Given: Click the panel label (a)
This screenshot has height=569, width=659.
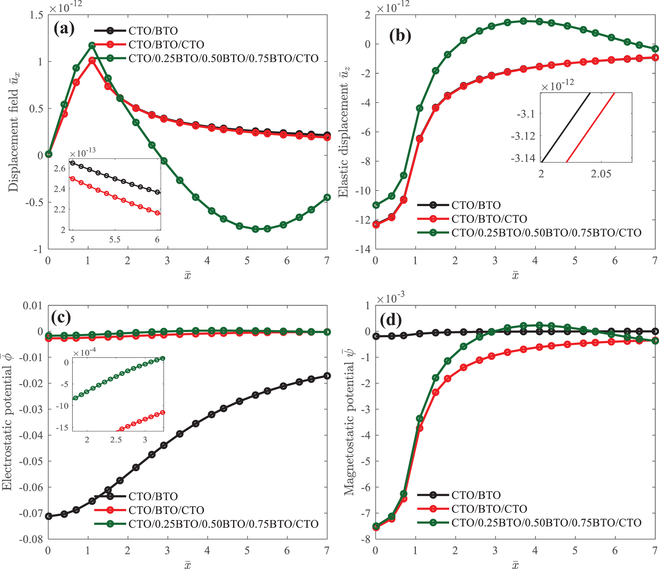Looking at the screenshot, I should tap(64, 29).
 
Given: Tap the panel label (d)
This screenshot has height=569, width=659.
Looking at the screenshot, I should tap(391, 320).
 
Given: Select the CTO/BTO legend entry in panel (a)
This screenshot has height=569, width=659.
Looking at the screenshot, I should tap(153, 31).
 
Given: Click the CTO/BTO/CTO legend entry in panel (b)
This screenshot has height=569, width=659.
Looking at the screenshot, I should tap(489, 219).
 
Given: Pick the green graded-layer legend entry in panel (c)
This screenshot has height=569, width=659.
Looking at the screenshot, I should tap(223, 524).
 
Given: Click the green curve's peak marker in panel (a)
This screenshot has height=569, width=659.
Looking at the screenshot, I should tap(92, 45).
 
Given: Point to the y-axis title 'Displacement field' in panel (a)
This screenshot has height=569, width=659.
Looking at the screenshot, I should tap(14, 132).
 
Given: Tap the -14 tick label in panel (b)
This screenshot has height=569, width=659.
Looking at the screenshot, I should tap(362, 249).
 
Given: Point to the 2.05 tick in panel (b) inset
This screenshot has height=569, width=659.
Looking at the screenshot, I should tap(601, 174).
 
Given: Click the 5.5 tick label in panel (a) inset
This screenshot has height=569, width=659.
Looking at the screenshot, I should tap(115, 239).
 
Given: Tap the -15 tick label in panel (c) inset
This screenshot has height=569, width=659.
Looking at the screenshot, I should tap(62, 427).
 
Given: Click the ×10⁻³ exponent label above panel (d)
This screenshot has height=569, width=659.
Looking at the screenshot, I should tap(390, 298).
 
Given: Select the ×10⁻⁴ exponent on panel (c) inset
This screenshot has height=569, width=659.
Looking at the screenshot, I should tap(84, 352).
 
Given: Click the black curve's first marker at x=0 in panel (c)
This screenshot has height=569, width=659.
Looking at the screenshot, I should tap(49, 516).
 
